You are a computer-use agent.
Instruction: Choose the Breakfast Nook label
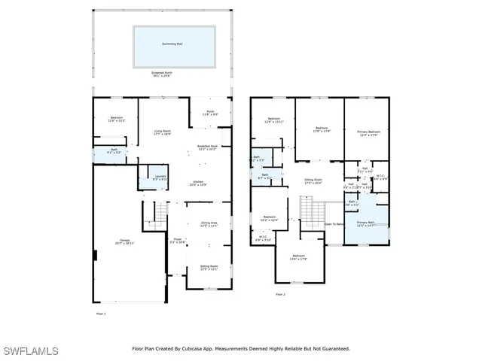pos(207,147)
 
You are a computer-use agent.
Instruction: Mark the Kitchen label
pos(198,183)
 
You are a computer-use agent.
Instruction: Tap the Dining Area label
pos(209,224)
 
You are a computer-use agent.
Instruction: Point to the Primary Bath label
pos(365,224)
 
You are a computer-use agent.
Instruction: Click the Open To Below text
pos(334,224)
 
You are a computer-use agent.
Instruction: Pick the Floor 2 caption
pos(280,294)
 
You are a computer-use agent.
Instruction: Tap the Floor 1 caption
pos(101,313)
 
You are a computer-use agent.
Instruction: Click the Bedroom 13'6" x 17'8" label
pos(300,258)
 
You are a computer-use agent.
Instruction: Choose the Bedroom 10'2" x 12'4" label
pos(270,219)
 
